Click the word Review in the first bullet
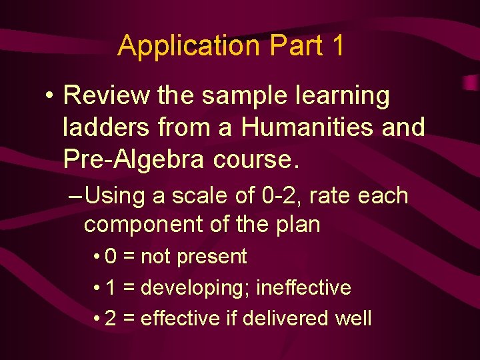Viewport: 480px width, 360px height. point(107,96)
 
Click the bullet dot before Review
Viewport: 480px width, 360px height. point(49,97)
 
